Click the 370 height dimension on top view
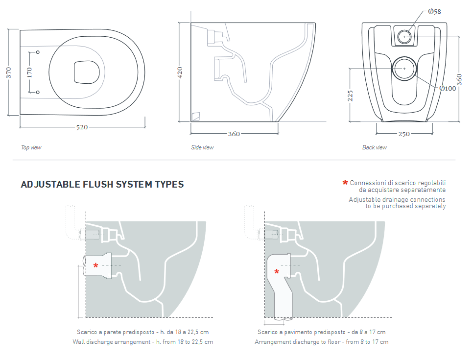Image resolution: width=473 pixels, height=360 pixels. (8, 72)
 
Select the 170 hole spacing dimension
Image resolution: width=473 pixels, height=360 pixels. (29, 72)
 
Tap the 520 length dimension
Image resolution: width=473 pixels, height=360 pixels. (82, 127)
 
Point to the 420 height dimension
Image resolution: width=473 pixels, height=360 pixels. (180, 72)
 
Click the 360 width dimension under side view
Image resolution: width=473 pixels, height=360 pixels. (234, 134)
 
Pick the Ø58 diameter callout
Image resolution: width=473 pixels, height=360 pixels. (434, 12)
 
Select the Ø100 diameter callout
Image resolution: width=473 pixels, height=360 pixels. (447, 88)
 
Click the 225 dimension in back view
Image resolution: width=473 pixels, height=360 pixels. (351, 95)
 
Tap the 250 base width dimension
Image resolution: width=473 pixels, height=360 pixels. (404, 134)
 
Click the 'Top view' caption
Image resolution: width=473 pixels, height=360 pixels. (31, 147)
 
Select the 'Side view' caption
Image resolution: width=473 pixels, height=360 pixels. (202, 147)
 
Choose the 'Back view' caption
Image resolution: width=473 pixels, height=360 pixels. (374, 147)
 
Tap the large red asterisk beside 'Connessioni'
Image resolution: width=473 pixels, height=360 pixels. (345, 183)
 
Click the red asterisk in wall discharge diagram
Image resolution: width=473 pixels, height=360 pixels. (96, 266)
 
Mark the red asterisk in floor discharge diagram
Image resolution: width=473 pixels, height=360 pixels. (277, 272)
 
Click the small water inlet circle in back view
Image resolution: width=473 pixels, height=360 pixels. (404, 36)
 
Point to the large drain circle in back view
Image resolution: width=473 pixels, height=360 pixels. (404, 69)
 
